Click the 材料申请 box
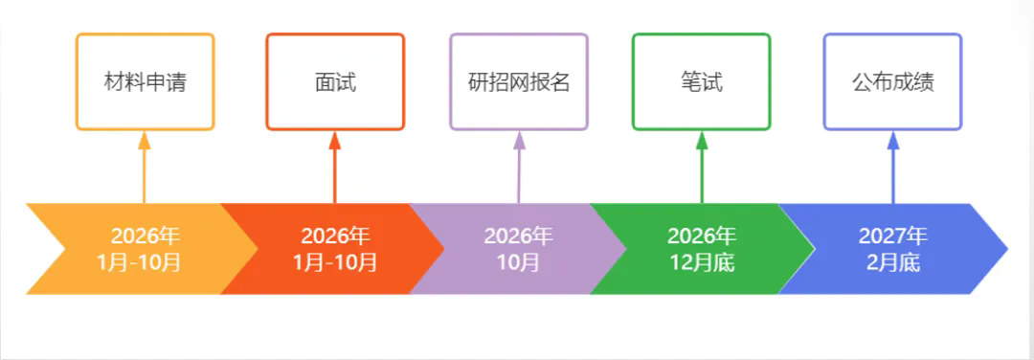[x=145, y=81]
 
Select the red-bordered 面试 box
[x=335, y=81]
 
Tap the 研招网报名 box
[x=518, y=81]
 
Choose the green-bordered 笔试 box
[x=701, y=81]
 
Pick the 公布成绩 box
[x=892, y=81]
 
